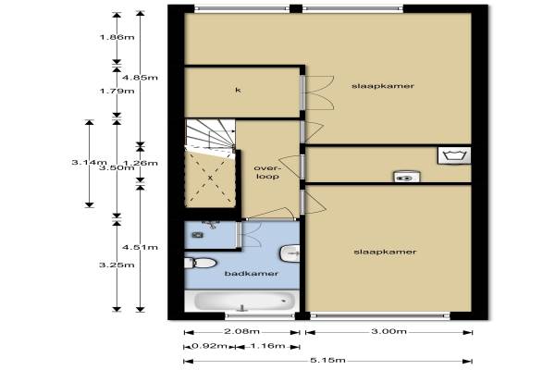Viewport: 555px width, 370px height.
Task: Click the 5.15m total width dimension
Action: [x=327, y=361]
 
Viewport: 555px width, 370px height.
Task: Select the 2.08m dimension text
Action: [x=241, y=331]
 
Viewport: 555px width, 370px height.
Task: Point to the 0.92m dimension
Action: [x=209, y=346]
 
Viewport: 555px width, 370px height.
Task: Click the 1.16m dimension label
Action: [x=267, y=346]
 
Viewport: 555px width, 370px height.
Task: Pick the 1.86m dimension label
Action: [x=117, y=37]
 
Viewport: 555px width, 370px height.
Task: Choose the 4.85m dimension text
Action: [x=141, y=78]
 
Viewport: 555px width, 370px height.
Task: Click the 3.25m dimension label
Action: [x=117, y=265]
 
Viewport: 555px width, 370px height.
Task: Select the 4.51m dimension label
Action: [x=141, y=247]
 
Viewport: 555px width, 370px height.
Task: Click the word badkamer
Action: [x=252, y=274]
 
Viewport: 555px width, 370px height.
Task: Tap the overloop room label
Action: [x=266, y=172]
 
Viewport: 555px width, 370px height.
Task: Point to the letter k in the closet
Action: [x=239, y=90]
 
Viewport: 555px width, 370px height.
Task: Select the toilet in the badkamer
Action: [x=201, y=263]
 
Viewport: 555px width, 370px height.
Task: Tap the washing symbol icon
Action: [x=454, y=155]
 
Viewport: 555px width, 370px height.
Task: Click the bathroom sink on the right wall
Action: [x=290, y=253]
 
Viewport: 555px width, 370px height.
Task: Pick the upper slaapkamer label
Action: [x=383, y=86]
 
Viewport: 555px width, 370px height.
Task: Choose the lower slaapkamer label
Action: [x=385, y=252]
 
